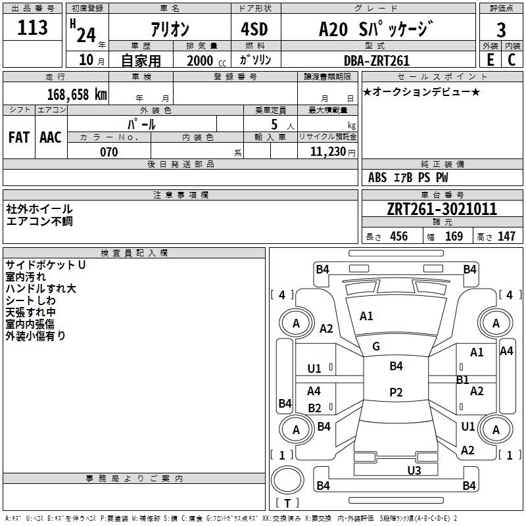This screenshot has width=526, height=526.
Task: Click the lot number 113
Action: [x=33, y=28]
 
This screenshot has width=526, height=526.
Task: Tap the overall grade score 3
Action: [x=501, y=30]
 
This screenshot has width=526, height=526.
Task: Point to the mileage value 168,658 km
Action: [x=76, y=95]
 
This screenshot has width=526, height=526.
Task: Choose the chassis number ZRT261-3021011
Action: [x=442, y=210]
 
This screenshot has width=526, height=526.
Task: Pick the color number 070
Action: [x=108, y=152]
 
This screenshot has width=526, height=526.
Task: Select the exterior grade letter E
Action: [x=490, y=60]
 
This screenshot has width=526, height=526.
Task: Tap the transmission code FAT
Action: [x=19, y=137]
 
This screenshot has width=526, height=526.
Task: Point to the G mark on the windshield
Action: [x=376, y=346]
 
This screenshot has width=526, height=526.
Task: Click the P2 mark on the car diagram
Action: [x=396, y=392]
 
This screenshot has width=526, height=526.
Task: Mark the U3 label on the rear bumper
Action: [x=414, y=470]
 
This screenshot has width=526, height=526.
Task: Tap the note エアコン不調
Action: [x=39, y=221]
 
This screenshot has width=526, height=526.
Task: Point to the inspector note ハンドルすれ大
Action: [x=41, y=289]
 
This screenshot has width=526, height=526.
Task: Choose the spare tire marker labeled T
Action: [x=287, y=504]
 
